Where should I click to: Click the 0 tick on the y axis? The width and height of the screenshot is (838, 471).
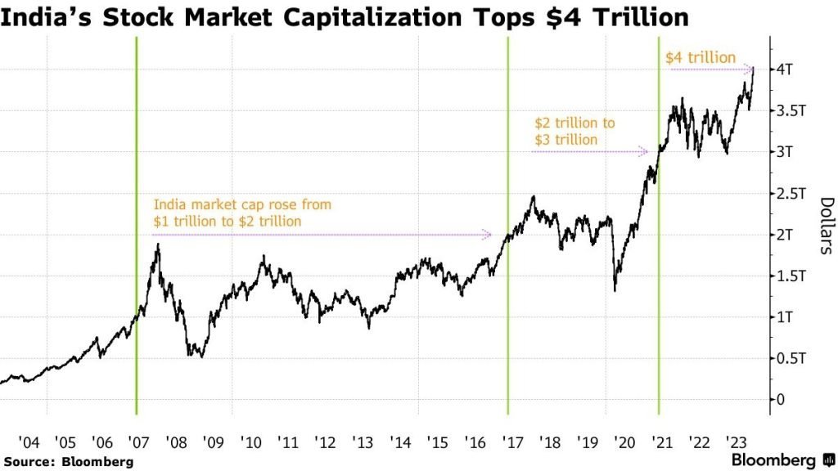[782, 400]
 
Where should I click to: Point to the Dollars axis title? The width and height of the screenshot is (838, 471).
[826, 227]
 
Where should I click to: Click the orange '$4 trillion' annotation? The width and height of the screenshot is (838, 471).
[701, 57]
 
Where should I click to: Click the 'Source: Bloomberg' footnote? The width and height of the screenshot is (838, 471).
[67, 462]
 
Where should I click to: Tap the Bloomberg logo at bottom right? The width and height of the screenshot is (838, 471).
[781, 460]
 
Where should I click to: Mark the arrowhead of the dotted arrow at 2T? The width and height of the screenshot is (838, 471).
[489, 235]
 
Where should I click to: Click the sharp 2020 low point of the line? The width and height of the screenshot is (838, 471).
[615, 290]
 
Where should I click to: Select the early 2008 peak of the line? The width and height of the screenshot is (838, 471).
[157, 244]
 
